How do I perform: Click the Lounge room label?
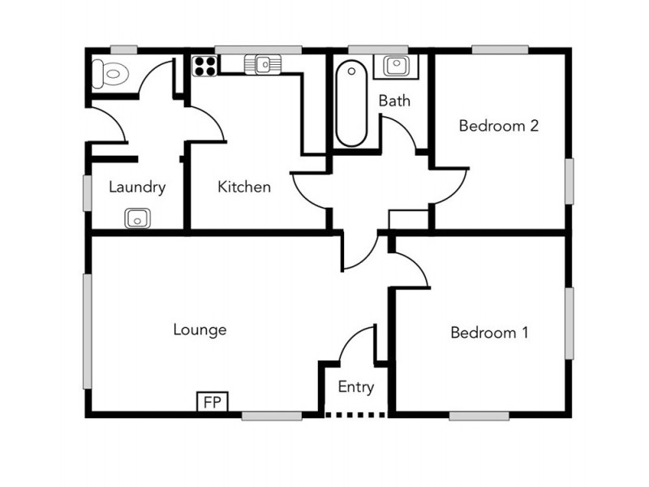coord(200,330)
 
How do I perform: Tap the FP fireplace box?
coord(213,402)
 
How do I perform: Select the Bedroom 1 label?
coord(489,333)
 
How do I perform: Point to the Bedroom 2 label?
coord(499,126)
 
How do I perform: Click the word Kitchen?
coord(244,187)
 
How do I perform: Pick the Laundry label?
coord(137,187)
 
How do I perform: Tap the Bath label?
coord(394,101)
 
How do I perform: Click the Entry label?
coord(355,387)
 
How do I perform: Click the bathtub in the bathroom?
coord(352,103)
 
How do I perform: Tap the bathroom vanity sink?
coord(396,65)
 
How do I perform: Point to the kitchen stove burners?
coord(204,65)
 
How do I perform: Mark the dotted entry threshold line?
coord(355,416)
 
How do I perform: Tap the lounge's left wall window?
coord(88,331)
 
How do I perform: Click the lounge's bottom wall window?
coord(272,416)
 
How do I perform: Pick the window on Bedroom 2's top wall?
coord(501,50)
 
